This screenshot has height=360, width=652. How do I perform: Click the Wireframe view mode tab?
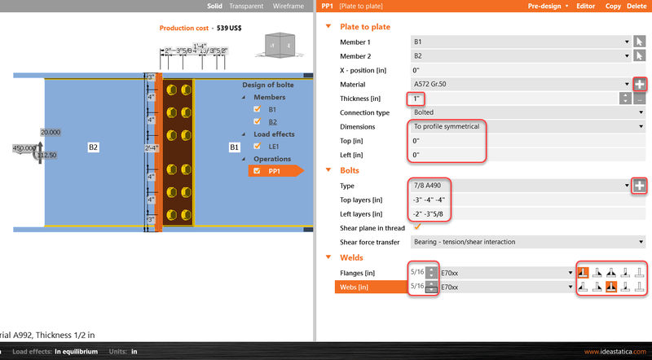[x=289, y=6]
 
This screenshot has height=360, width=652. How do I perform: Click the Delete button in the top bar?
[x=637, y=6]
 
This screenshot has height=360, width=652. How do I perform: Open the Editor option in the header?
[x=586, y=6]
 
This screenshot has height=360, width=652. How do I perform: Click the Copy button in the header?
[x=613, y=6]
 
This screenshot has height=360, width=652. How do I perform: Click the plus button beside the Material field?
[x=640, y=84]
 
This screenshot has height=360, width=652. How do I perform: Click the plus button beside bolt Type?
[x=640, y=186]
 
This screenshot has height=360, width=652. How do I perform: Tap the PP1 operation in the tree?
[x=274, y=171]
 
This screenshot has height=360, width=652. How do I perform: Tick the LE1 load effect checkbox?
[x=258, y=147]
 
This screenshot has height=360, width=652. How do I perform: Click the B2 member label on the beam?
[x=94, y=147]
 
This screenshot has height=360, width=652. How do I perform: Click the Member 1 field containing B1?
[x=518, y=42]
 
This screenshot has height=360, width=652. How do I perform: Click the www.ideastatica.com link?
[x=615, y=352]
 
